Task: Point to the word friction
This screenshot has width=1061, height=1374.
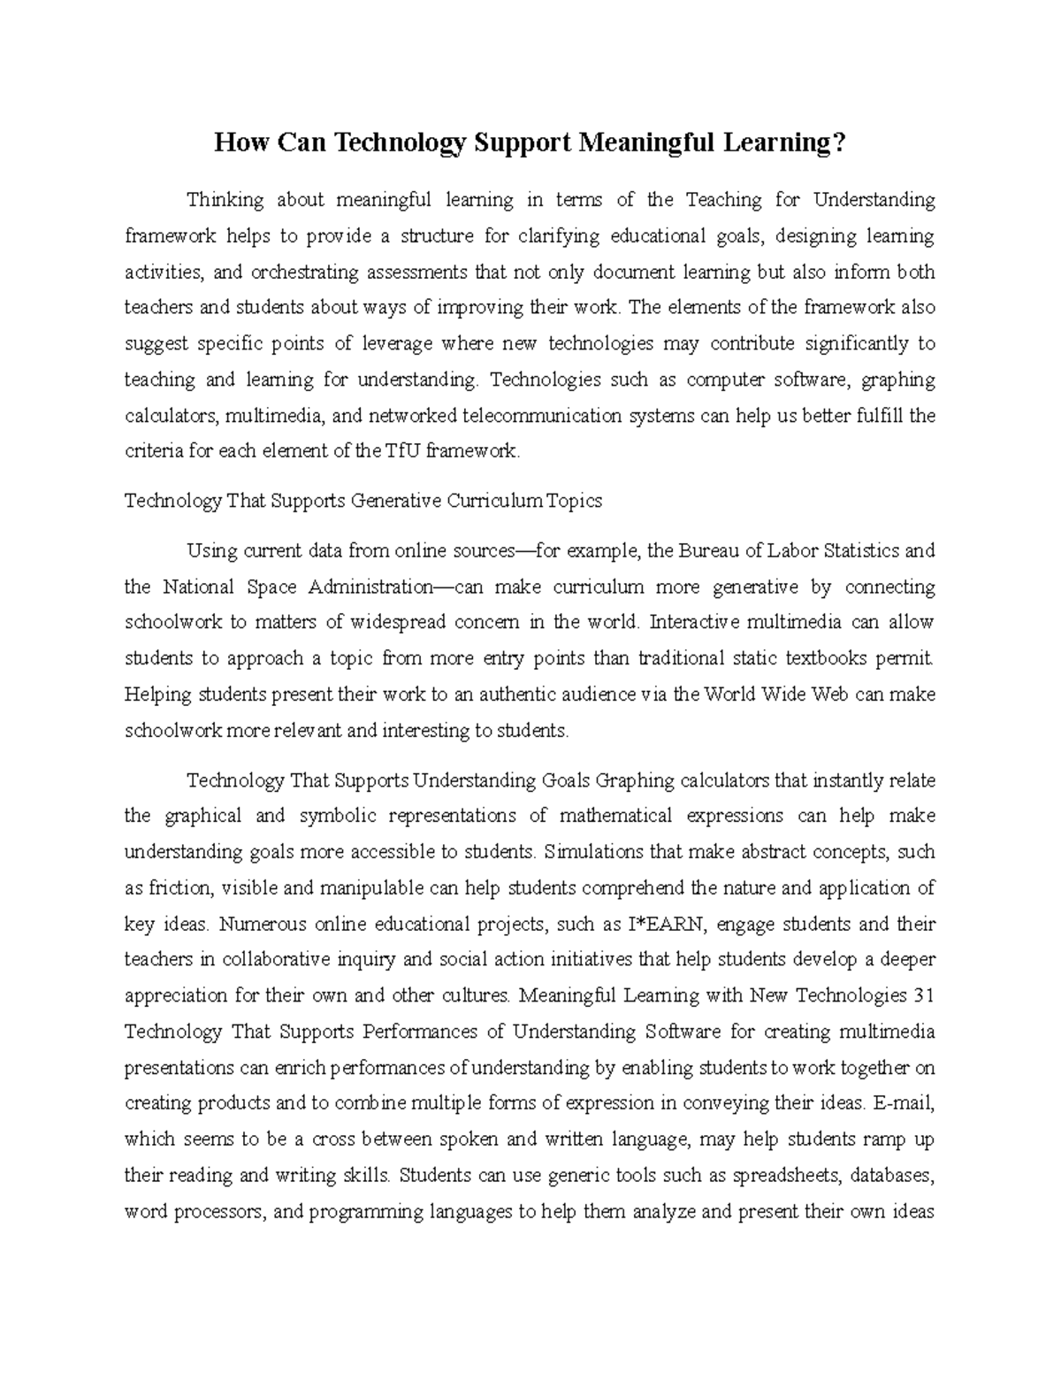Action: [x=179, y=888]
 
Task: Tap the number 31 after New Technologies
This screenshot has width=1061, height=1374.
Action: [x=922, y=996]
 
